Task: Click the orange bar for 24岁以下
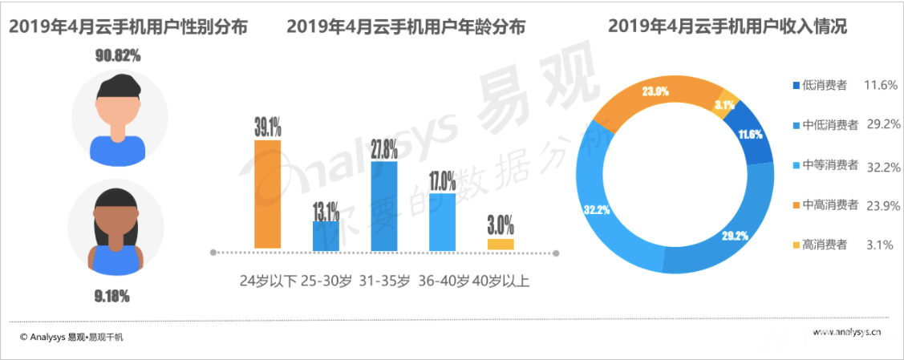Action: click(x=267, y=194)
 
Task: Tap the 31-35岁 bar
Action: click(x=384, y=205)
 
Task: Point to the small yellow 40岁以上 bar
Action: click(x=501, y=244)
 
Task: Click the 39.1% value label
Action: click(x=268, y=126)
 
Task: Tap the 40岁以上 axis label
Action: click(x=501, y=281)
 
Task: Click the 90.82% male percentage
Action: click(x=118, y=56)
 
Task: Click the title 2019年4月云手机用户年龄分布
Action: click(x=406, y=27)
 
